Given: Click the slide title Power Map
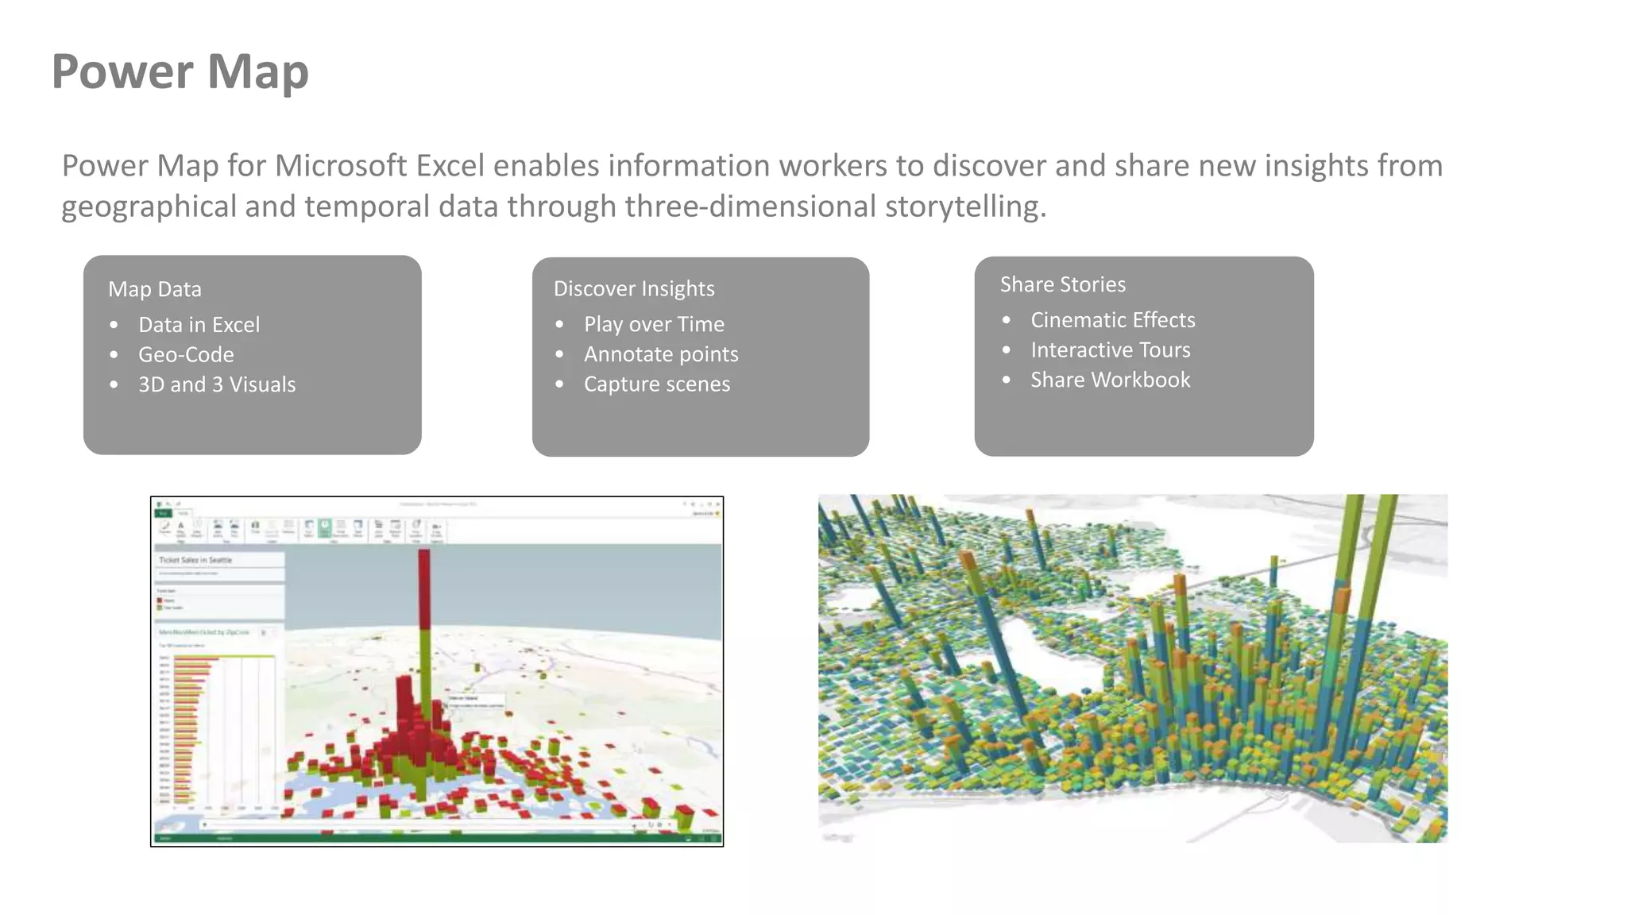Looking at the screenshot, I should tap(180, 71).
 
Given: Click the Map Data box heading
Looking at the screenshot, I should tap(155, 289).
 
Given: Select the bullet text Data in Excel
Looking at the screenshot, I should tap(199, 325).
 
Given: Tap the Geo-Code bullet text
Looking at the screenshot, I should tap(186, 354).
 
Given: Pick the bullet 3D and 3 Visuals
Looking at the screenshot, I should tap(217, 384).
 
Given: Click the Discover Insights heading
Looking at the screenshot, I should tap(634, 288).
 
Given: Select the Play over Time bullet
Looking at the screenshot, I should tap(654, 324).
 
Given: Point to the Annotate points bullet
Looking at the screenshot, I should tap(661, 354).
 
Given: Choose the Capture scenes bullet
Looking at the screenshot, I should tap(657, 384).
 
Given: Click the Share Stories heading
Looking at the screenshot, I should tap(1062, 284).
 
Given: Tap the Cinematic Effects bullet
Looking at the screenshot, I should tap(1112, 320).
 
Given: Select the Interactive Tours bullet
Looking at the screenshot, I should tap(1110, 350).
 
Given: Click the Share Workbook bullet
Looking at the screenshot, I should tap(1110, 380).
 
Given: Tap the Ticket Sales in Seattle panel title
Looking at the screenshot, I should tap(195, 560).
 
